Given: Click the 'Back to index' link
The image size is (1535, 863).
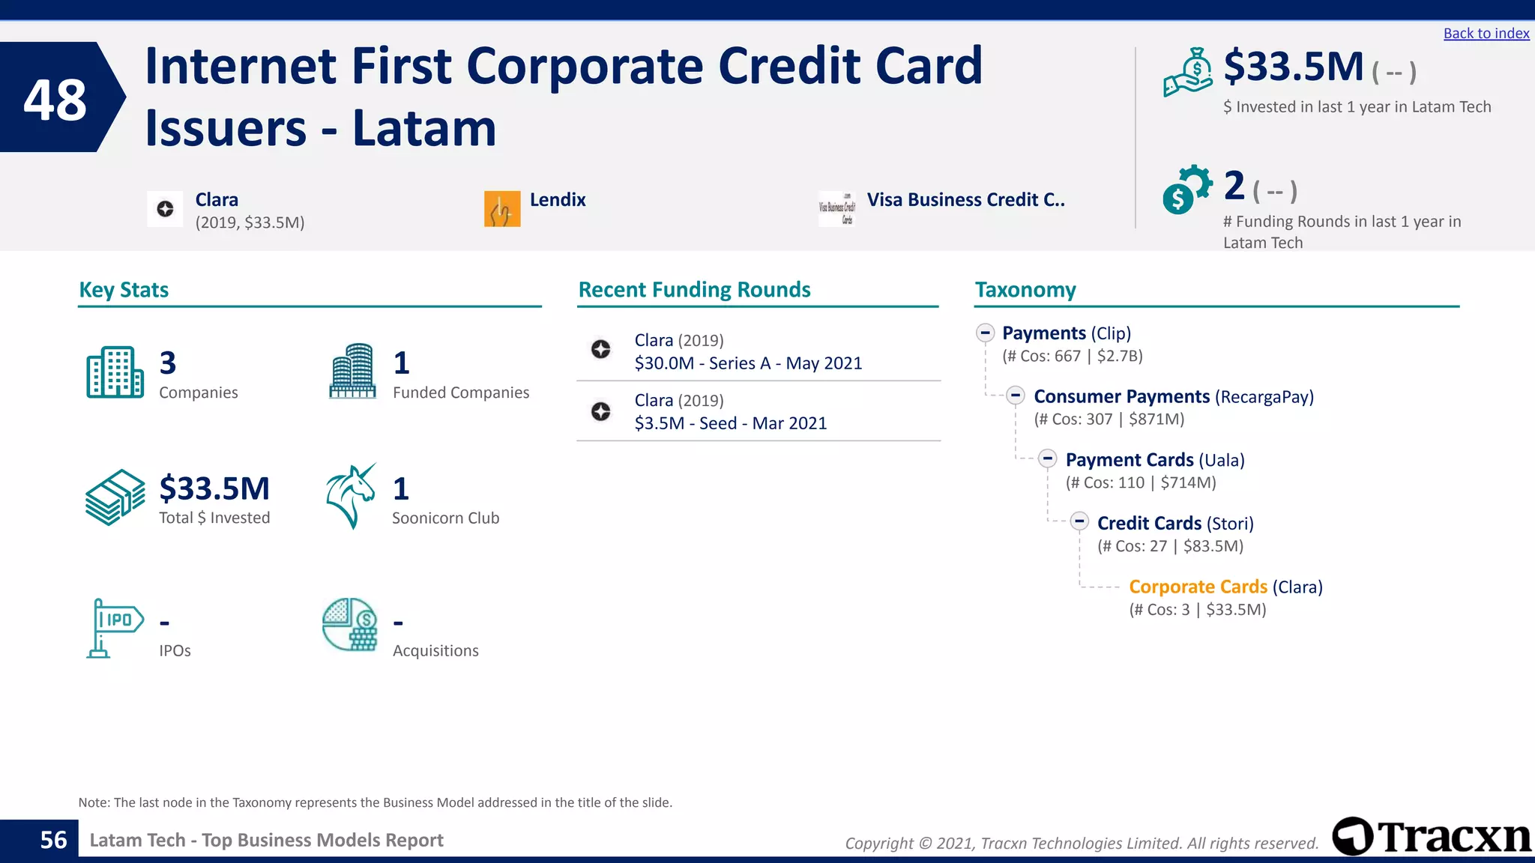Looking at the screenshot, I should [x=1486, y=34].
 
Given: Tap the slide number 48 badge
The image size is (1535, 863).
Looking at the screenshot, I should [x=55, y=99].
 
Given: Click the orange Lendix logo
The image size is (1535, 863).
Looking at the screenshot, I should [x=502, y=209].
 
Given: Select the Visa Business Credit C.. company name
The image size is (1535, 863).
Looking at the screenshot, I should [x=965, y=200].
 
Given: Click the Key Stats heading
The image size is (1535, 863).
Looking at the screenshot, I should [x=124, y=290].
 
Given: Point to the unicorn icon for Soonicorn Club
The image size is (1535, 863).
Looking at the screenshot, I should [x=351, y=497].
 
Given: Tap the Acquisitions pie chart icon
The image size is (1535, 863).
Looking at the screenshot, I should [x=350, y=625].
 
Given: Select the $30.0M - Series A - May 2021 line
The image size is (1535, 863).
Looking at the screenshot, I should [x=748, y=363].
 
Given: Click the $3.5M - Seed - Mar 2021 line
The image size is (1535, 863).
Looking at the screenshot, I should [x=730, y=423].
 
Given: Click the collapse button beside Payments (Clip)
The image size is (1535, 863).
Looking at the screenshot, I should [x=986, y=333].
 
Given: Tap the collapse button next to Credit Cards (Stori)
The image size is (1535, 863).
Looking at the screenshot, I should [x=1079, y=521].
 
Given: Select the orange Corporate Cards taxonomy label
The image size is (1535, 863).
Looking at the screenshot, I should [x=1198, y=587].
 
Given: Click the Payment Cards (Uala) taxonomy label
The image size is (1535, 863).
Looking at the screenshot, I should [x=1154, y=460].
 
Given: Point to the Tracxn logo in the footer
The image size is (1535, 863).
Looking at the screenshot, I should [x=1432, y=837].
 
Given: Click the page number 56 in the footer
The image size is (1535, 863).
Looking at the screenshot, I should [x=53, y=840].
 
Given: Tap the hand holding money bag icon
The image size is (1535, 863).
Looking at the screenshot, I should [x=1187, y=73].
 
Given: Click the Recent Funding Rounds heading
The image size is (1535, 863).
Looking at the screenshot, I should [x=694, y=290].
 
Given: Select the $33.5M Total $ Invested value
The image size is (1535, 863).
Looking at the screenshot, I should [x=214, y=488].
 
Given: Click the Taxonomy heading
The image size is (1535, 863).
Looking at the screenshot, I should [x=1025, y=290].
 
